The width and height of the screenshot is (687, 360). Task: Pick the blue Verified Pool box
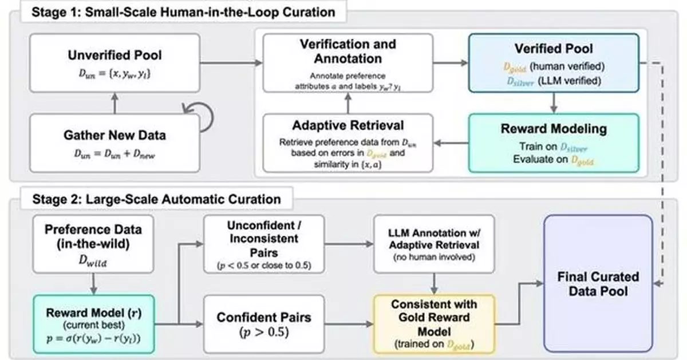554,62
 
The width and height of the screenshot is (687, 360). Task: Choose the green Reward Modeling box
554,143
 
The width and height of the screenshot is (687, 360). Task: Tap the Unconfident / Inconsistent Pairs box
264,243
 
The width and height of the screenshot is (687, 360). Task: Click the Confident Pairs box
264,325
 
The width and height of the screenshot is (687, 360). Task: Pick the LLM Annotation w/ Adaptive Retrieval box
433,243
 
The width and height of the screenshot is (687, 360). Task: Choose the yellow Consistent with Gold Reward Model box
433,324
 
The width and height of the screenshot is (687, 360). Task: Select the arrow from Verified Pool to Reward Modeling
554,102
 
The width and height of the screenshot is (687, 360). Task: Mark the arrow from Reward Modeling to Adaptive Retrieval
451,143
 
